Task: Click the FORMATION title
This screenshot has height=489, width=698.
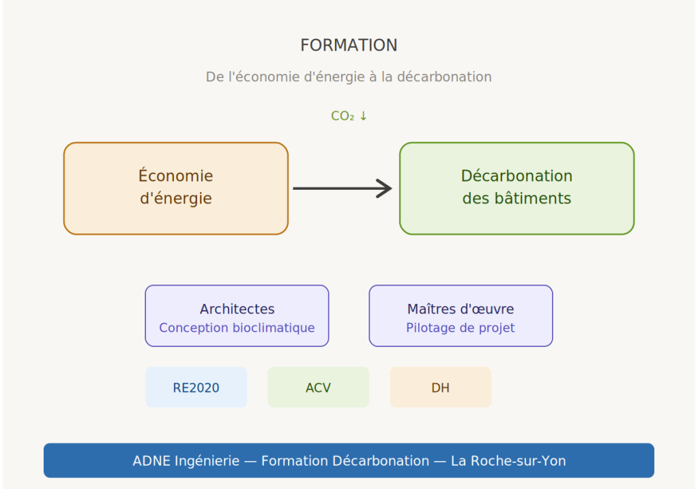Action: [x=349, y=45]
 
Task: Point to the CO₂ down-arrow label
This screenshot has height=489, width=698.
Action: [x=349, y=116]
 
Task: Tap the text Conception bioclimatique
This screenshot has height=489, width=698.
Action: [x=237, y=328]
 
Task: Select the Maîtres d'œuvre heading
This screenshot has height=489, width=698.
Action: [x=461, y=309]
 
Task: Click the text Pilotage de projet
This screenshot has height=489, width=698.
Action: [x=461, y=328]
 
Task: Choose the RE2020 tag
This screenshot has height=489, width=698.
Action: [x=196, y=388]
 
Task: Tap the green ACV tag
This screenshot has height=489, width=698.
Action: [x=318, y=388]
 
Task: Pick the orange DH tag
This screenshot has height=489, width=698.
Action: [x=440, y=388]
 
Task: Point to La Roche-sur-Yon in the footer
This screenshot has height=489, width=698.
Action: [x=508, y=461]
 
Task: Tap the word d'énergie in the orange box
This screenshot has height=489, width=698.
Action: [x=175, y=199]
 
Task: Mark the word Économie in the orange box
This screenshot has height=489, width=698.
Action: [x=175, y=176]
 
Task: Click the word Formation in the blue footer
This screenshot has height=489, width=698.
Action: [x=294, y=461]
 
